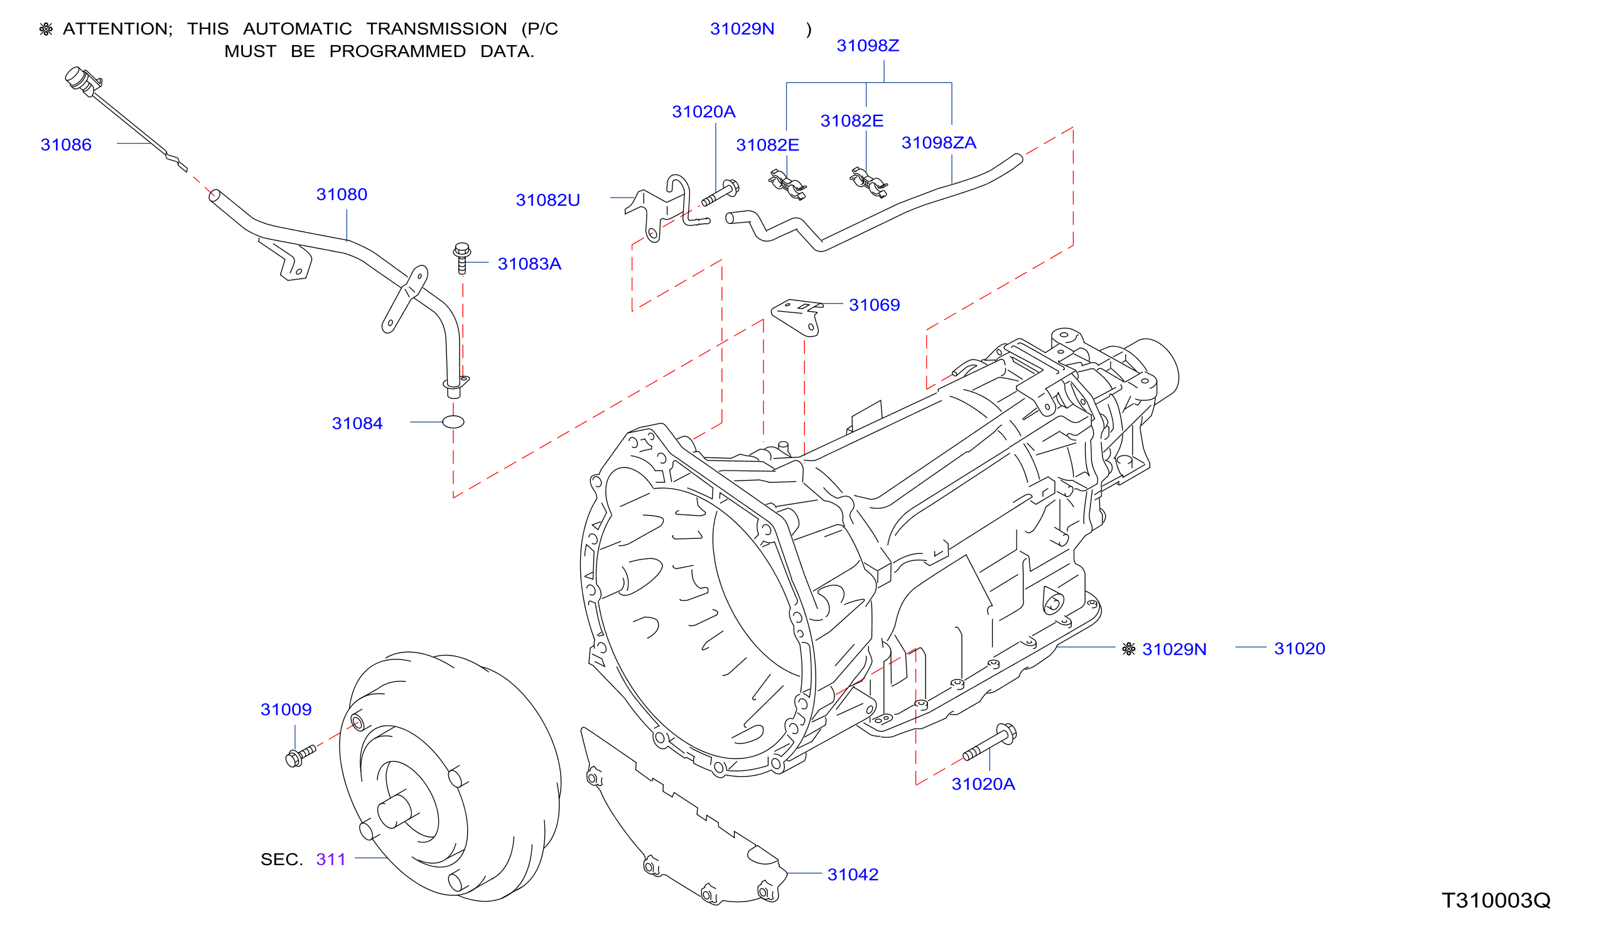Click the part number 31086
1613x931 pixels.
pyautogui.click(x=66, y=144)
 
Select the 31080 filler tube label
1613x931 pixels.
pyautogui.click(x=342, y=194)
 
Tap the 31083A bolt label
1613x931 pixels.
pyautogui.click(x=529, y=263)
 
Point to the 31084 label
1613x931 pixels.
pyautogui.click(x=357, y=423)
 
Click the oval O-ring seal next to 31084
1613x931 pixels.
pyautogui.click(x=453, y=422)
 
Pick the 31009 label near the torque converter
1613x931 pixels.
pyautogui.click(x=286, y=709)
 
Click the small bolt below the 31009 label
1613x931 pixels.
pyautogui.click(x=300, y=755)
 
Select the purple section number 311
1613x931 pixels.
pyautogui.click(x=331, y=859)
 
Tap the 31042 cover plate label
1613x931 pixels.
pyautogui.click(x=853, y=874)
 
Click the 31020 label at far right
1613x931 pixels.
pyautogui.click(x=1300, y=649)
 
